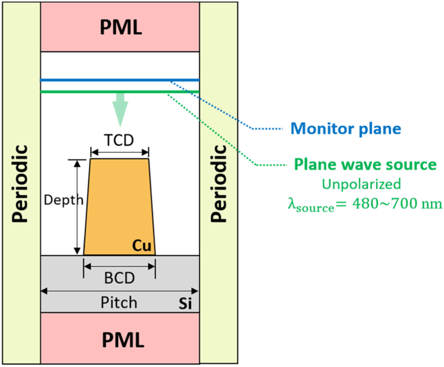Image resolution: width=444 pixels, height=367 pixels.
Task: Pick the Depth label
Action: click(64, 200)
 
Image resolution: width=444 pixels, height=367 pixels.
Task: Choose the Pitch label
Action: click(119, 302)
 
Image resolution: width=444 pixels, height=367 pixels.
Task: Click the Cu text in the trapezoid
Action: click(142, 246)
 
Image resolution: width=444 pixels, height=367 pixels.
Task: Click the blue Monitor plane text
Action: click(346, 128)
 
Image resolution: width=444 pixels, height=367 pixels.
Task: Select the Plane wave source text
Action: click(365, 164)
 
